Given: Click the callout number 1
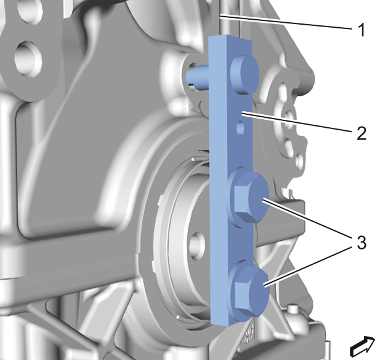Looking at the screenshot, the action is pos(361,30).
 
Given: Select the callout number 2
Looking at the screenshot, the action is pos(362,133).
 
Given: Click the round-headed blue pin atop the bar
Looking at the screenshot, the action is pos(244,74).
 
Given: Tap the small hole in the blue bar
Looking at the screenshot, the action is pos(240,128).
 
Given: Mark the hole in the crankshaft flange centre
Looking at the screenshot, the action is pos(197,245).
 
